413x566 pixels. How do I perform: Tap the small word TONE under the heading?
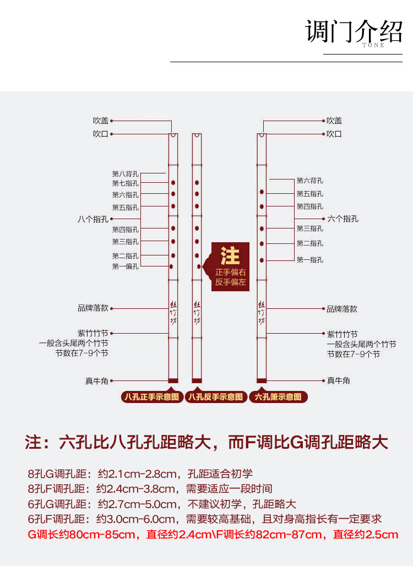pos(373,45)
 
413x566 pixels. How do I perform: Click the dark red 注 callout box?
pos(231,266)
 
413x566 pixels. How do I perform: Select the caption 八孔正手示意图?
pos(152,396)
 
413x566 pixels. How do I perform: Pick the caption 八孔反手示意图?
pos(215,396)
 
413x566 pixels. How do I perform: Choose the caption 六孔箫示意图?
pos(278,396)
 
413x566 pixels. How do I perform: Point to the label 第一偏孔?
pos(126,266)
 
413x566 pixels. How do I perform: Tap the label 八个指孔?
pos(93,219)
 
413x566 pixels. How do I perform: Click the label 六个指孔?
pos(343,219)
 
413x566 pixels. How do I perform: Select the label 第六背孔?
pos(310,180)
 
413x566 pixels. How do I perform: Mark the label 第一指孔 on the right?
pos(310,259)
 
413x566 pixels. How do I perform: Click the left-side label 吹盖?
pos(101,121)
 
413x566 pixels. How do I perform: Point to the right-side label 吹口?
pos(334,134)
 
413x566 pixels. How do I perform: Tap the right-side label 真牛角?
pos(338,380)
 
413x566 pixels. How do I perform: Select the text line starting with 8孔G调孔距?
pos(140,474)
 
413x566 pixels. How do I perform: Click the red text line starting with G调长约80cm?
pos(213,535)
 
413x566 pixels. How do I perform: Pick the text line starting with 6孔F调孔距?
pos(204,519)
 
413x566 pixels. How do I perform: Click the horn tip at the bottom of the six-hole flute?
pos(262,380)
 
